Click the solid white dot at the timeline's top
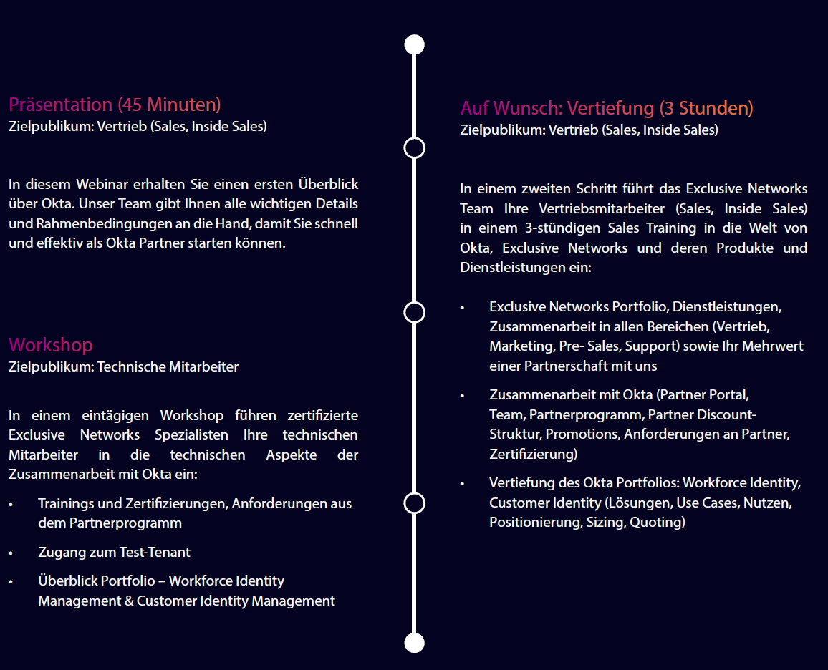click(414, 44)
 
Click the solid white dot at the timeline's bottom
click(414, 643)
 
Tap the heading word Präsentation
click(60, 105)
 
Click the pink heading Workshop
click(51, 345)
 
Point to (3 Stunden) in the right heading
click(706, 108)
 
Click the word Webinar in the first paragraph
click(98, 184)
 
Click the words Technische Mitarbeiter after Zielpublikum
click(168, 367)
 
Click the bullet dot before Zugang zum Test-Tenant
click(11, 553)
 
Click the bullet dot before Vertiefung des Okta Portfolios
click(462, 484)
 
